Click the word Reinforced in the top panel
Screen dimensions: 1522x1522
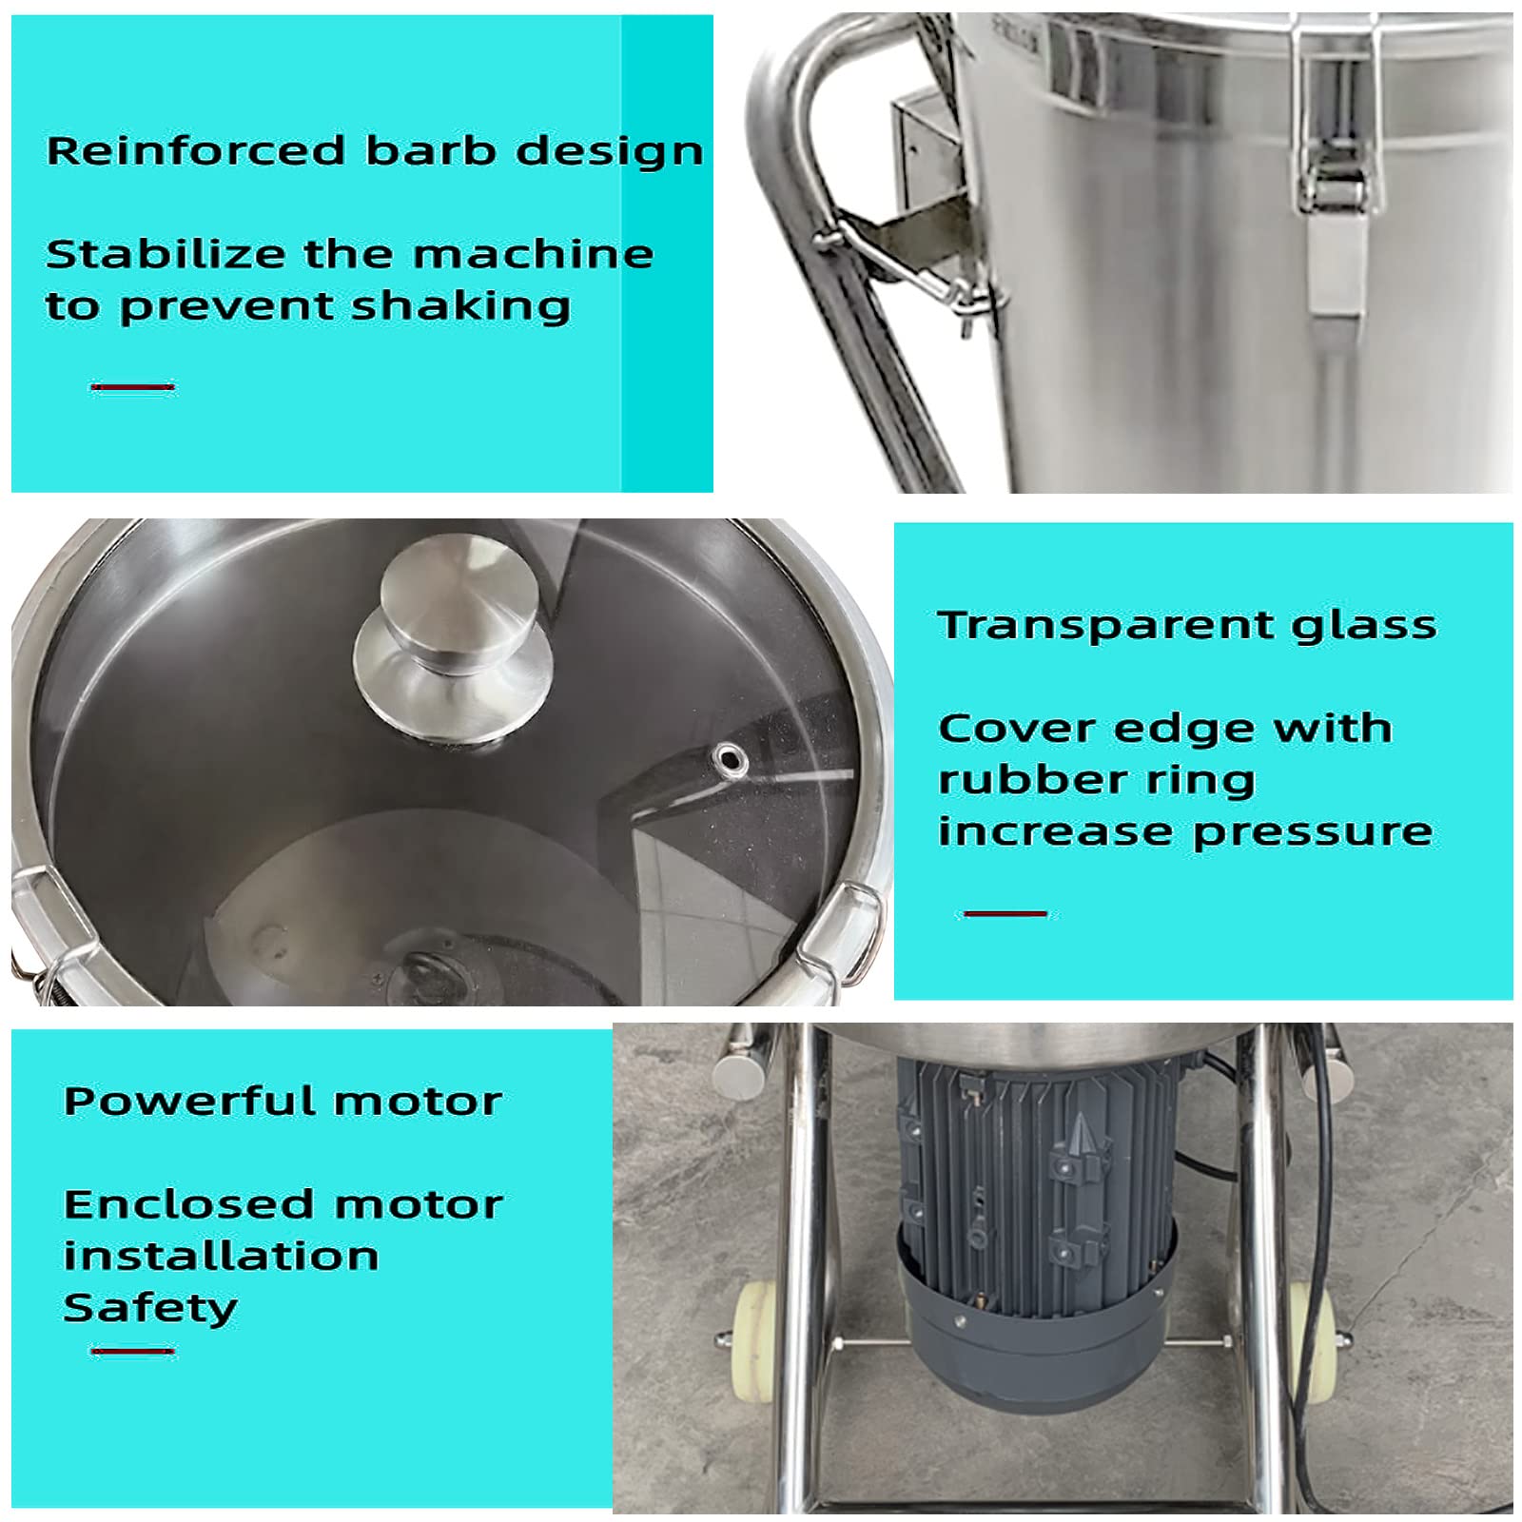[x=196, y=151]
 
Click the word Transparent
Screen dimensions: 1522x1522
[x=1104, y=626]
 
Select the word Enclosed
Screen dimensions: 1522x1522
[x=181, y=1205]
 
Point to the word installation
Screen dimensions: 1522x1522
[x=222, y=1257]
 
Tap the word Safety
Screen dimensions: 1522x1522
[x=150, y=1310]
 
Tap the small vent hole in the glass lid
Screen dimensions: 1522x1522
[x=730, y=758]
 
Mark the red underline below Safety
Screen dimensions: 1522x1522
[x=132, y=1351]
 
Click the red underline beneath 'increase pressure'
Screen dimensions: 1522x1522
[x=1005, y=914]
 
